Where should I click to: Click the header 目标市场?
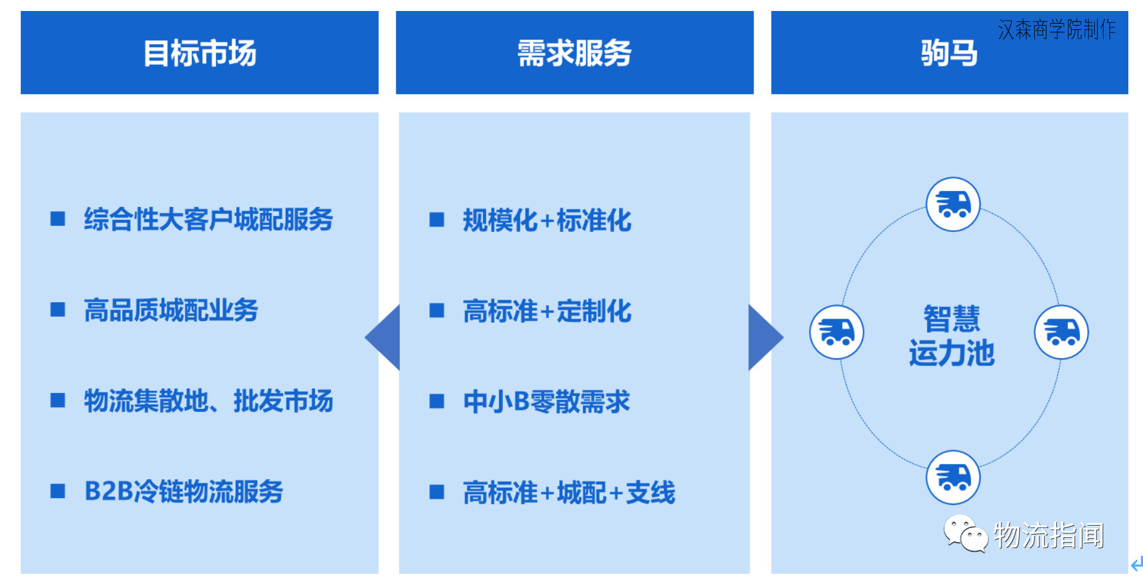[x=200, y=53]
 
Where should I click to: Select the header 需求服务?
[x=574, y=53]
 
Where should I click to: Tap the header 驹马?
[x=949, y=53]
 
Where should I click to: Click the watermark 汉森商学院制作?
[x=1056, y=29]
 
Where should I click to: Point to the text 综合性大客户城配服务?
[x=208, y=219]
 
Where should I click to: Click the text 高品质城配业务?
[x=171, y=310]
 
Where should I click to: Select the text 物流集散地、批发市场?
[x=208, y=401]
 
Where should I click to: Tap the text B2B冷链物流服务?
[x=183, y=491]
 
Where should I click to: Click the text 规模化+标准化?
[x=546, y=220]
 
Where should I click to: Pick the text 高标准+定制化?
[x=546, y=311]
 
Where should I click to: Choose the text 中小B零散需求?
[x=546, y=402]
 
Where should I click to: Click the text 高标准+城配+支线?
[x=568, y=493]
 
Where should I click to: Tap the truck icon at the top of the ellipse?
[x=953, y=204]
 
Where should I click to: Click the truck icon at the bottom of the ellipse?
[x=953, y=477]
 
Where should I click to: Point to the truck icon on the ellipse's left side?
[x=836, y=333]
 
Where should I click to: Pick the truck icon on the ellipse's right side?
[x=1061, y=333]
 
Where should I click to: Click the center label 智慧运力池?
[x=951, y=336]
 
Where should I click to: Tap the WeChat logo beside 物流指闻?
[x=965, y=533]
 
